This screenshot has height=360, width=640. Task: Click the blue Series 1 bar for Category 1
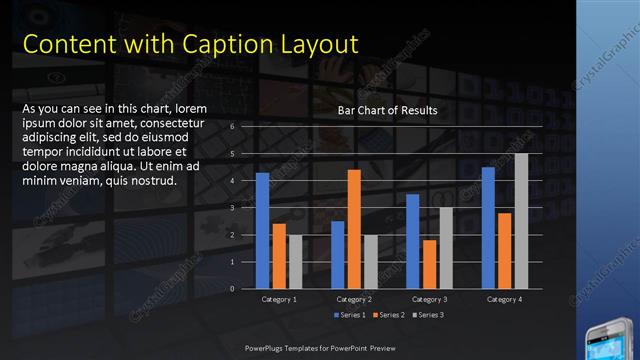[x=262, y=230]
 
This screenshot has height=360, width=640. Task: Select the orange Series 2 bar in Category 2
[x=354, y=229]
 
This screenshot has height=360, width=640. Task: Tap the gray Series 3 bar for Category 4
[x=521, y=221]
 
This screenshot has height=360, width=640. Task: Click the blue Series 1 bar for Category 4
[x=488, y=227]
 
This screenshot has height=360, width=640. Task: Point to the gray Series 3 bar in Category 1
[x=295, y=261]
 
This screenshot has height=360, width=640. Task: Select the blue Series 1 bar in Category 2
[x=338, y=254]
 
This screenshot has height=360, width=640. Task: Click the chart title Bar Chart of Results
[x=388, y=110]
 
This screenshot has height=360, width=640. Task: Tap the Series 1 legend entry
[x=348, y=315]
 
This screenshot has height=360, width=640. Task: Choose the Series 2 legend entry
[x=388, y=315]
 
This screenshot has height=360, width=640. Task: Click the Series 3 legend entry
[x=428, y=315]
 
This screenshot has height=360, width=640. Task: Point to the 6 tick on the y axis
[x=232, y=127]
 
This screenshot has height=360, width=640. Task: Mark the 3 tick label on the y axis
[x=232, y=208]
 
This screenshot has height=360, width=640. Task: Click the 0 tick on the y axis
[x=232, y=289]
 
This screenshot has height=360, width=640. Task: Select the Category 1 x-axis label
[x=279, y=299]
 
